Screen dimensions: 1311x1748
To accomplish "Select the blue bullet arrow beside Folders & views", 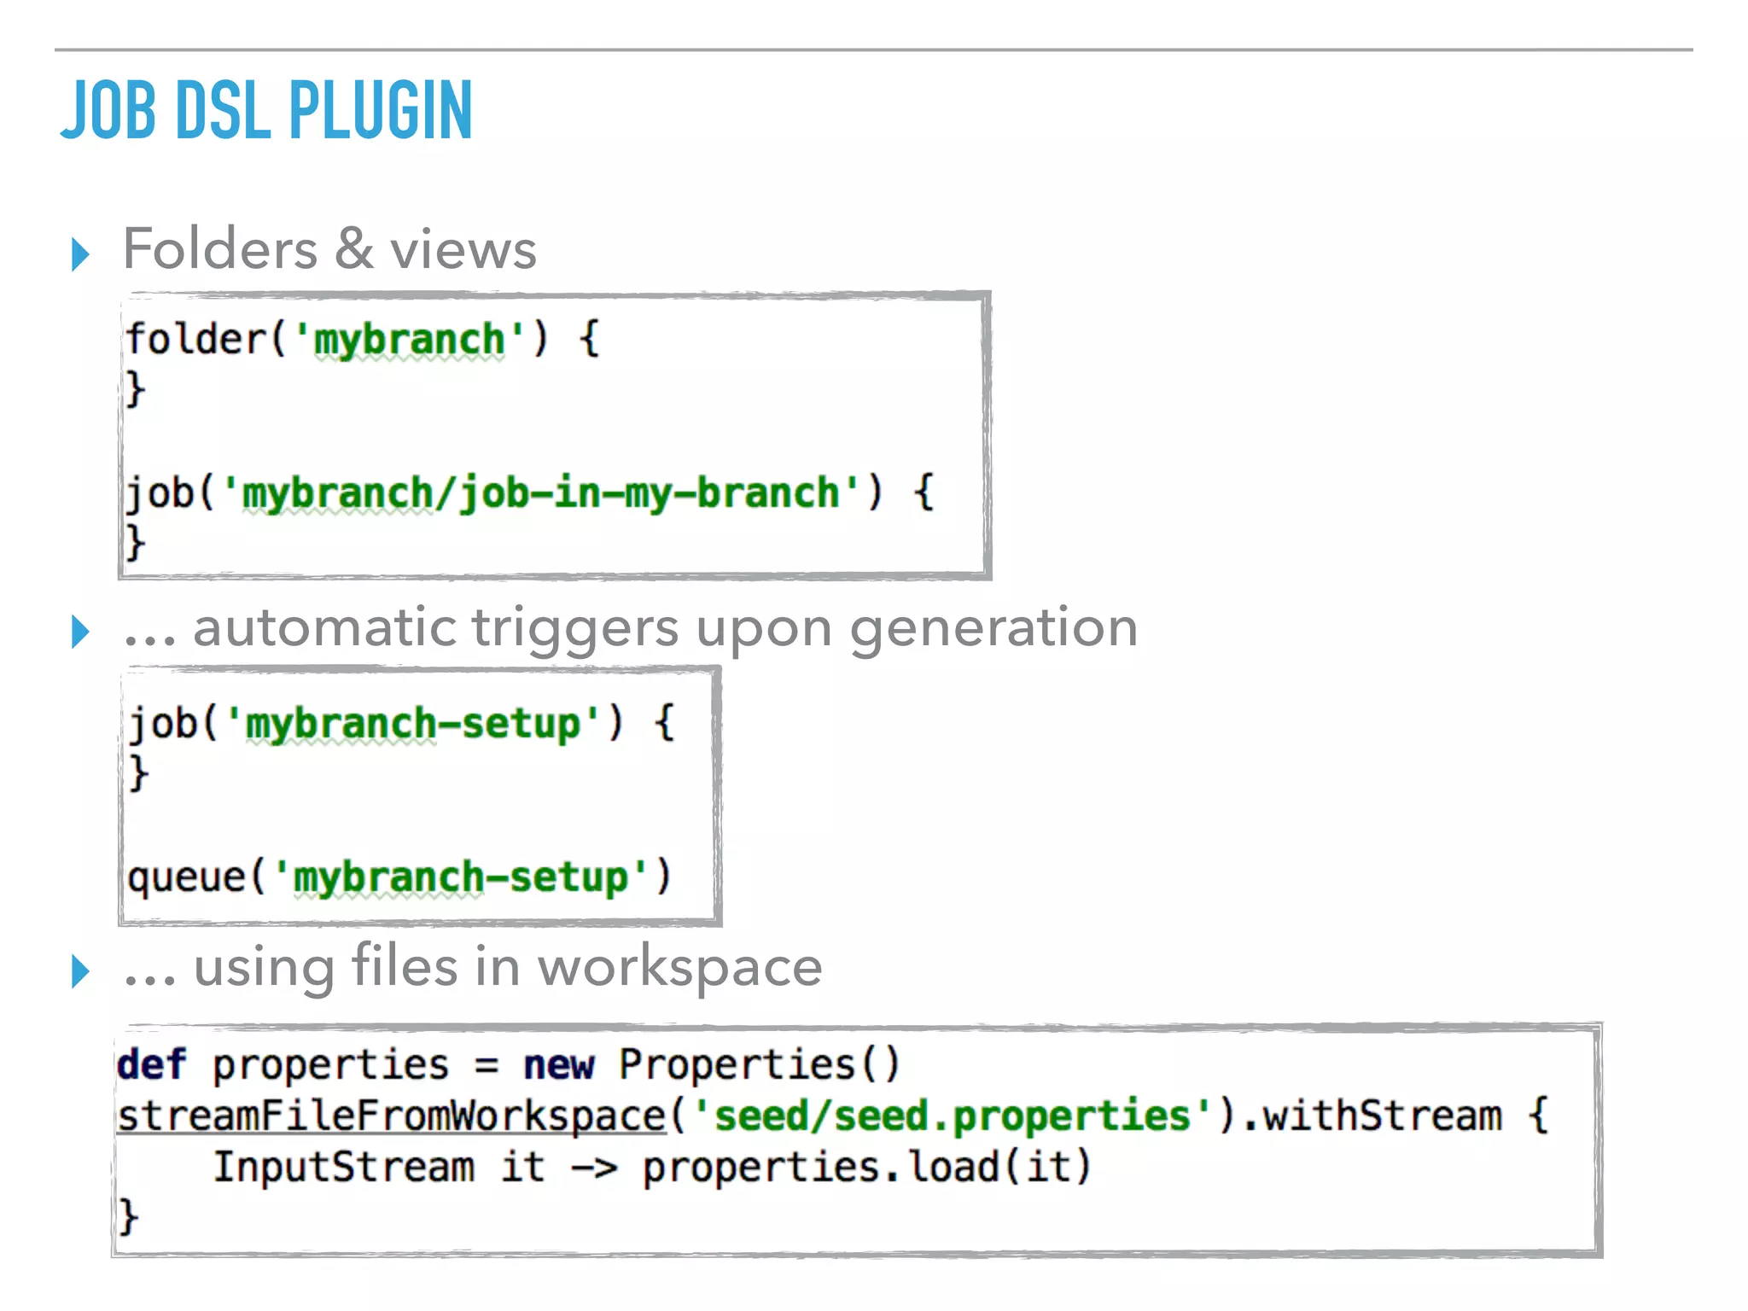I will coord(80,254).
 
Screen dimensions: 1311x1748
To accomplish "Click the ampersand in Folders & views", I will coord(353,249).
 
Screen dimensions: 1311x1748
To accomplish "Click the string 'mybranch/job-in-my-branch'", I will coord(541,493).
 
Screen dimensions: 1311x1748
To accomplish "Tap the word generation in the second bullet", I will coord(993,630).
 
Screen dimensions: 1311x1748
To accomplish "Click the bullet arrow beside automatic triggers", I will coord(80,632).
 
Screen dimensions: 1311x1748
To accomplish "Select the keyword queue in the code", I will coord(186,877).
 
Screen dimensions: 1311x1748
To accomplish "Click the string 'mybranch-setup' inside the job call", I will coord(413,724).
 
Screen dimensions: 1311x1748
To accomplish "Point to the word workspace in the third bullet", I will coord(679,967).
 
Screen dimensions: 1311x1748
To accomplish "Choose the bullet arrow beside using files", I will coord(80,971).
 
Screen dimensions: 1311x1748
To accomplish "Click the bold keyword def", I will coord(151,1064).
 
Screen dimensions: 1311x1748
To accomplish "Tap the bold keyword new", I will coord(558,1064).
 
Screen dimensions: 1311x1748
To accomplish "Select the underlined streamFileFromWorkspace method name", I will coord(391,1116).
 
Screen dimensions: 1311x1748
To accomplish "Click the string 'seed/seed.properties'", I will coord(953,1116).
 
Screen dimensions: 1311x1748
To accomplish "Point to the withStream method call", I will coord(1383,1116).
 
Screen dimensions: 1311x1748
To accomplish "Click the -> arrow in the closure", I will coord(593,1168).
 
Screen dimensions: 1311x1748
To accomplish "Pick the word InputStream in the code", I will coord(343,1167).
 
